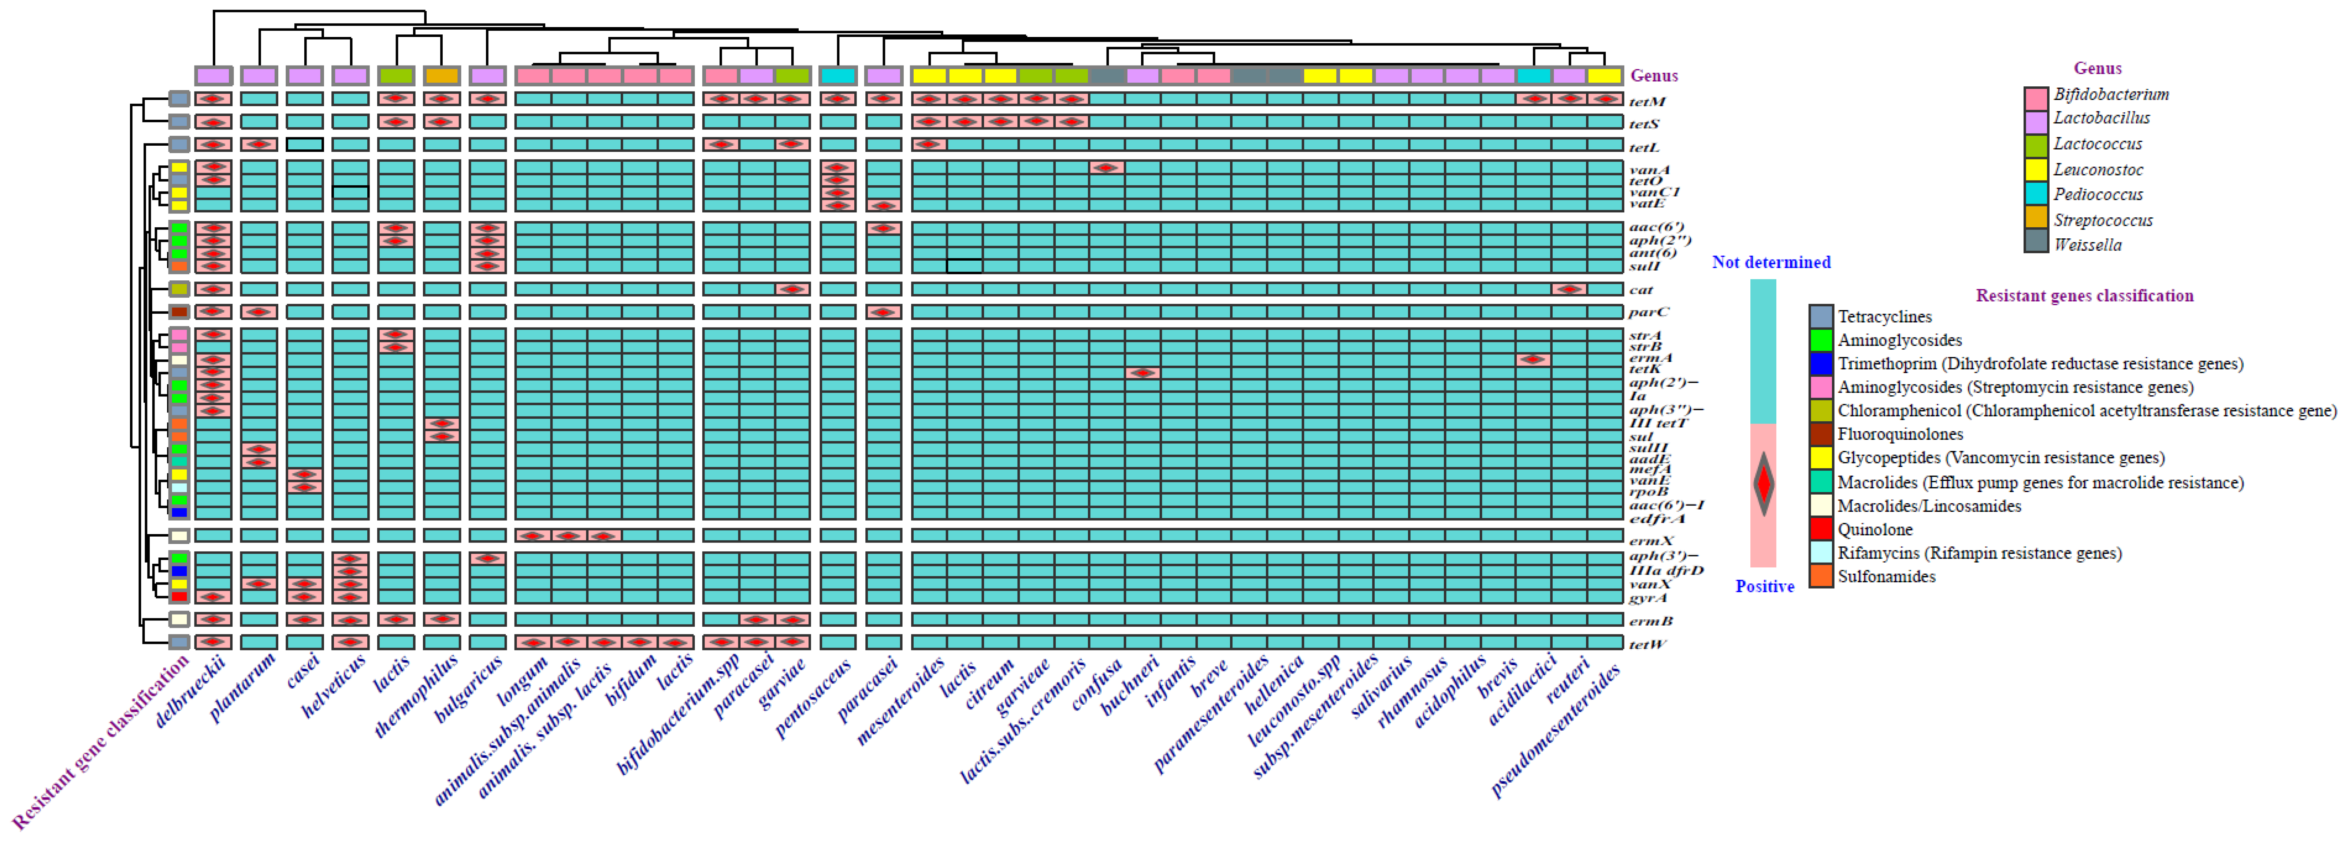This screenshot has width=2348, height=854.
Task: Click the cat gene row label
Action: point(1641,290)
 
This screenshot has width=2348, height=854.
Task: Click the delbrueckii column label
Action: point(190,693)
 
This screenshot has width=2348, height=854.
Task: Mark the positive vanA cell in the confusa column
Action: point(1107,168)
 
